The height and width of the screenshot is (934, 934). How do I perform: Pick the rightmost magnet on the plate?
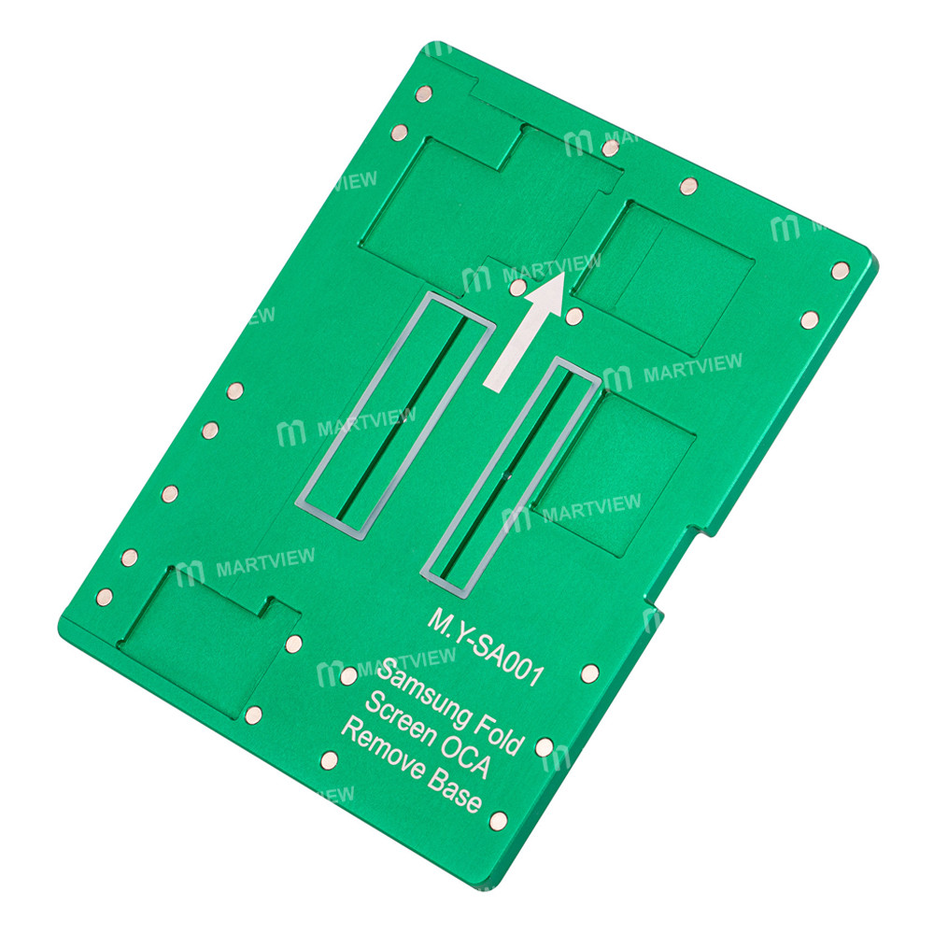pyautogui.click(x=840, y=270)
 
